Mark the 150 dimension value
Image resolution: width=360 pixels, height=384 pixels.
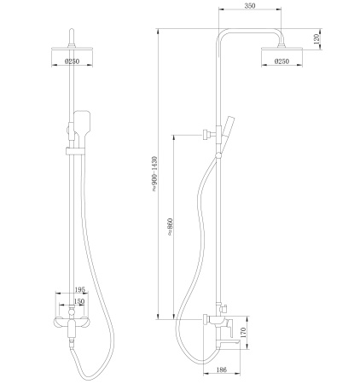(x=77, y=301)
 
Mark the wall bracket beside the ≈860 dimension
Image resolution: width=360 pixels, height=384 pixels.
(x=207, y=133)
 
